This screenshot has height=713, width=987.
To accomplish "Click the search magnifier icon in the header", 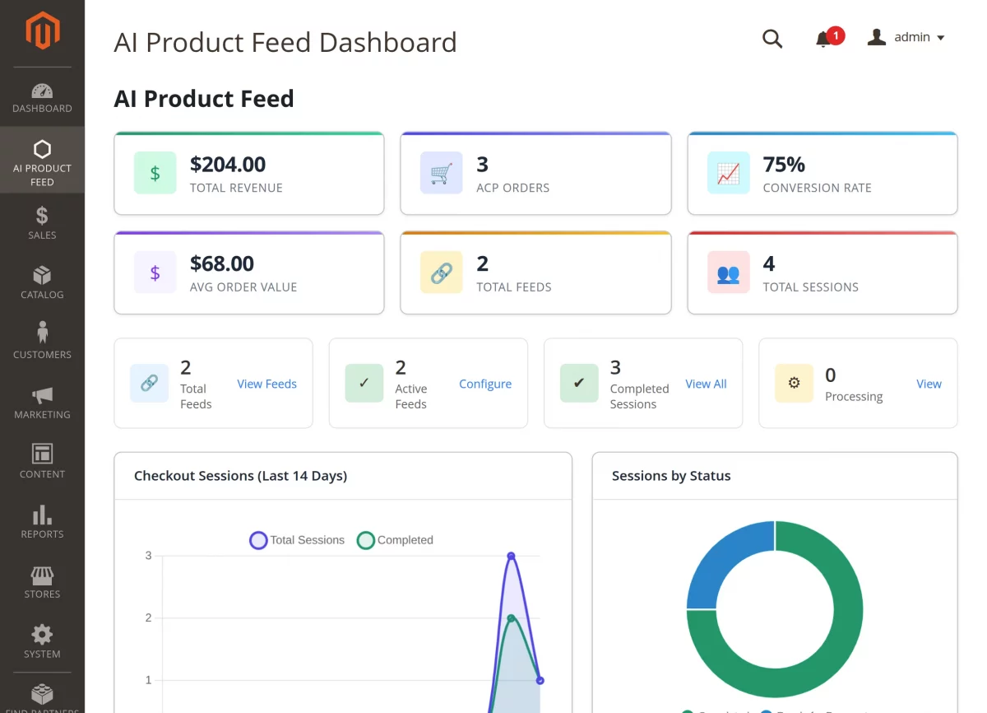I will [x=772, y=39].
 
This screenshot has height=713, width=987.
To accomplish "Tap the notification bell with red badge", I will [x=823, y=39].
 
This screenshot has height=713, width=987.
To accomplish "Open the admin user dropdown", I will [x=906, y=38].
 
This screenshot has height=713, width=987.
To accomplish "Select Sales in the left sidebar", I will [x=42, y=223].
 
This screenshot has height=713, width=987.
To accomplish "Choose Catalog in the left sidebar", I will [x=42, y=282].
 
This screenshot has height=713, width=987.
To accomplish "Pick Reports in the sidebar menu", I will [x=42, y=522].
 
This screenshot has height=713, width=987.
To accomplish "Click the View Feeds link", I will [x=266, y=384].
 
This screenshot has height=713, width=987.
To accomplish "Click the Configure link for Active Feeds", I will [x=485, y=384].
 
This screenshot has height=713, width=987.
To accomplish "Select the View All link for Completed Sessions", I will [x=706, y=384].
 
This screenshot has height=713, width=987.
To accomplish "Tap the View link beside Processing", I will [x=929, y=384].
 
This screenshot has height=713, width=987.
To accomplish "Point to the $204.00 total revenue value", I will [x=228, y=165].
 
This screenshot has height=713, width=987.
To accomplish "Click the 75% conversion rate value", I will [x=784, y=165].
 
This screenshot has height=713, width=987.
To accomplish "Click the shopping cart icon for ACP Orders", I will [x=442, y=173].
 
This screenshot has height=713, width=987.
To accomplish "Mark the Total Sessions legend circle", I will [x=258, y=540].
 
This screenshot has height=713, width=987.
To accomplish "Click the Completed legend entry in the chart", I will [x=396, y=540].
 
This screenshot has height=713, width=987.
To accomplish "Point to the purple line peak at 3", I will [x=511, y=556].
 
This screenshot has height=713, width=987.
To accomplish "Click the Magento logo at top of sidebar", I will [x=42, y=32].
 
